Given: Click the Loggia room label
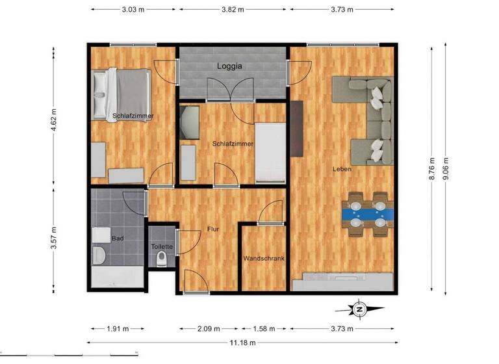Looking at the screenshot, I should (x=230, y=66).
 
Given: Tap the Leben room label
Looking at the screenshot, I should (x=342, y=169).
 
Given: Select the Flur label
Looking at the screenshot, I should (x=212, y=229).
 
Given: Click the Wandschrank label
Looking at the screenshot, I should (x=264, y=258).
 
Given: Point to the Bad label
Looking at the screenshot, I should (x=118, y=239).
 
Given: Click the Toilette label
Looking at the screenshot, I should (x=162, y=247).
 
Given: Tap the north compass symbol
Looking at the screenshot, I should (x=359, y=309).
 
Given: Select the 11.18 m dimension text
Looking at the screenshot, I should (x=242, y=342).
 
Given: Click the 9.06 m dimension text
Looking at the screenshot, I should (x=445, y=169).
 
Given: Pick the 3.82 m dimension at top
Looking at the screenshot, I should (x=233, y=9).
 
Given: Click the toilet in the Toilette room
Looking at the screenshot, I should (x=162, y=259).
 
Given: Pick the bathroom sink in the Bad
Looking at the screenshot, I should (x=102, y=235).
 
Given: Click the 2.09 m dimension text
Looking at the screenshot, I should (x=208, y=328).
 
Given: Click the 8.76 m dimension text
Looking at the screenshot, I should (x=431, y=169).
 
